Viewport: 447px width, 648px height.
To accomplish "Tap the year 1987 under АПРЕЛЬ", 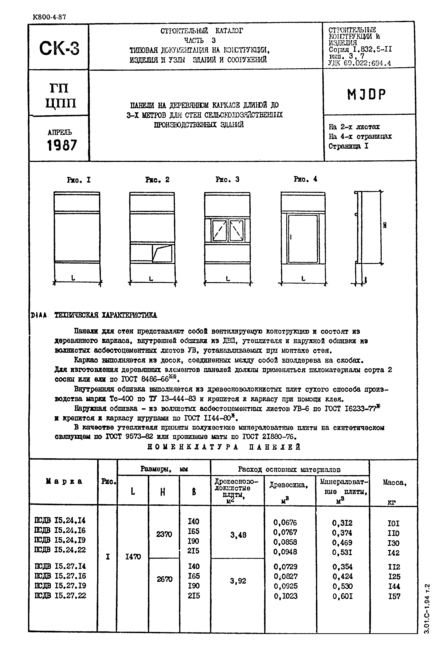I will (x=62, y=145).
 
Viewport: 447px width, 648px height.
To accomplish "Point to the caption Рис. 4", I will (x=305, y=179).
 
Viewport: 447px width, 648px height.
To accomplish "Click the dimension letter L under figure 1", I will (x=73, y=278).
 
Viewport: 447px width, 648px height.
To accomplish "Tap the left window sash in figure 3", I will (x=219, y=230).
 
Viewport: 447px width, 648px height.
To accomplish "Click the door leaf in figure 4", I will (x=303, y=239).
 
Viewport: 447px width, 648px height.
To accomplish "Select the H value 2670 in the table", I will (x=164, y=579).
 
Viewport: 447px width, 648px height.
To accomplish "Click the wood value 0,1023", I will (x=285, y=596).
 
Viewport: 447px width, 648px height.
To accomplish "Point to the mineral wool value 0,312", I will (x=342, y=523).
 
